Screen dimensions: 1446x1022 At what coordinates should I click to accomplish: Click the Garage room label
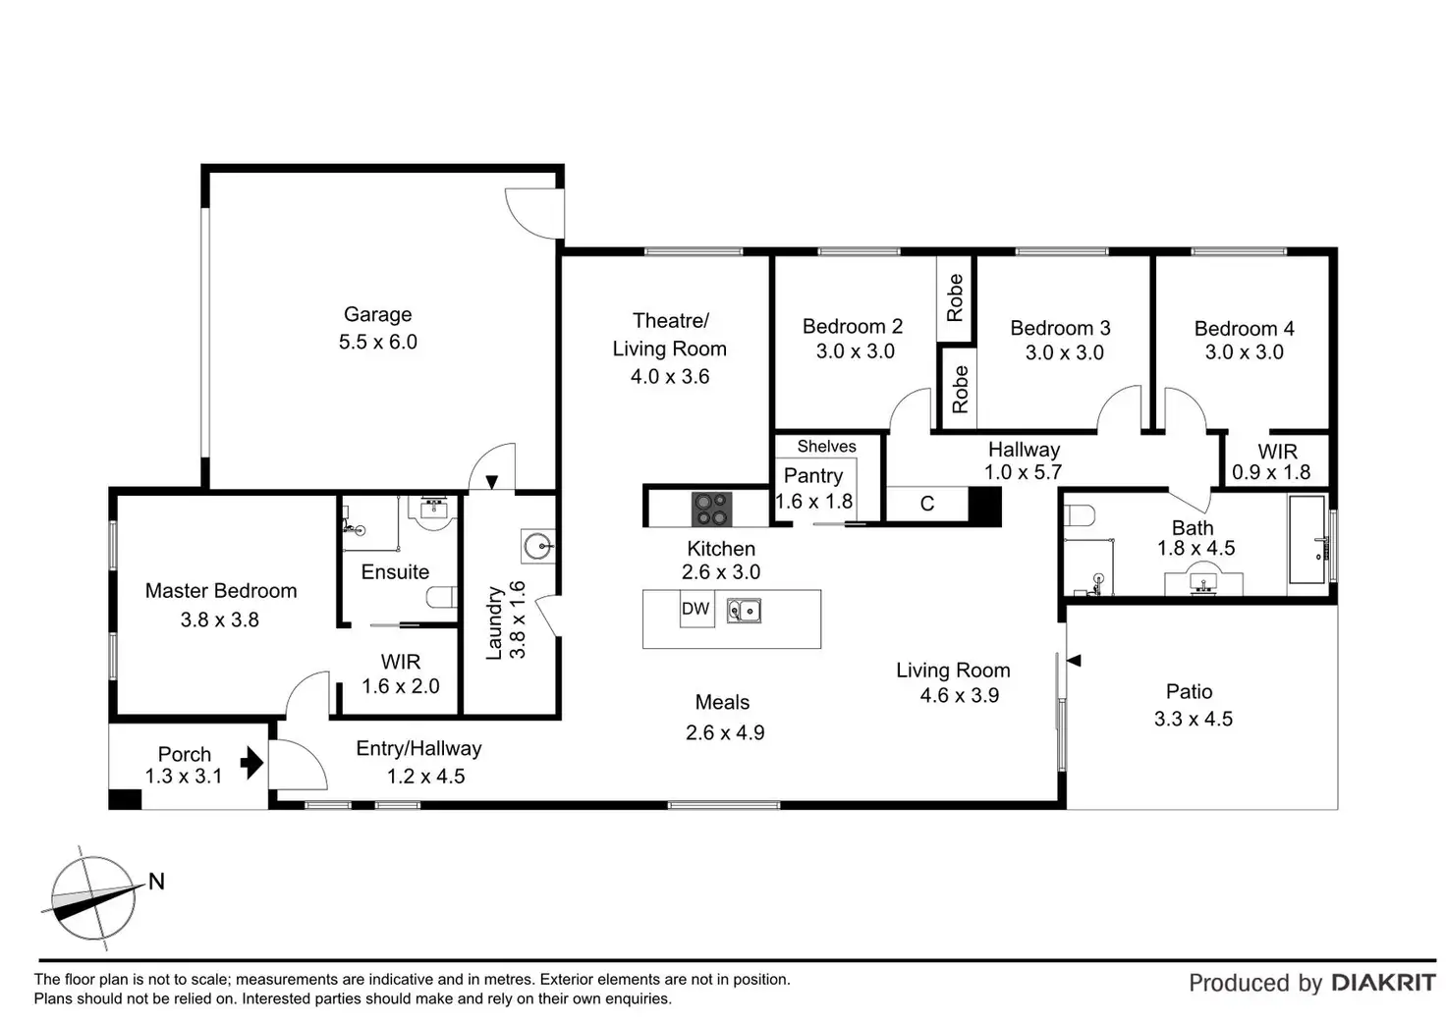click(x=377, y=314)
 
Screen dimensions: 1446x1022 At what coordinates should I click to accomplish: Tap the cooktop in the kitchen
click(x=711, y=509)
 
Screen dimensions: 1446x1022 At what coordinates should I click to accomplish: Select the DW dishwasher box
click(x=695, y=609)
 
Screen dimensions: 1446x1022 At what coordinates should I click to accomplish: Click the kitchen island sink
click(x=744, y=611)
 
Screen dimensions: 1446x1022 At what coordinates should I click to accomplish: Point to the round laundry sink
click(x=538, y=546)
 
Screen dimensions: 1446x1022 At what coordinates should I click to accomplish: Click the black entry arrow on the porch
click(x=252, y=762)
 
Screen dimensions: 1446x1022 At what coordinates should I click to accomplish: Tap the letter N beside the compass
click(x=156, y=882)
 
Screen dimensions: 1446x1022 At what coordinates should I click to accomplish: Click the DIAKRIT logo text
click(x=1383, y=983)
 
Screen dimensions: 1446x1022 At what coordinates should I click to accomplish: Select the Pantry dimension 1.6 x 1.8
click(x=813, y=501)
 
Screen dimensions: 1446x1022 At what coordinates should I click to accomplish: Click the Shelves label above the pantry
click(x=826, y=447)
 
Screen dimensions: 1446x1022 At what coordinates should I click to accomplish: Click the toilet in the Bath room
click(x=1080, y=515)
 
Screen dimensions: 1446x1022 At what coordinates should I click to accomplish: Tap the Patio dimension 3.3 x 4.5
click(x=1193, y=719)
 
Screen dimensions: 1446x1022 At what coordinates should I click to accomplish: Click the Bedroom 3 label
click(x=1060, y=328)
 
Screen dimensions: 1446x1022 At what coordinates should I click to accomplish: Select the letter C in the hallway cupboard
click(x=926, y=504)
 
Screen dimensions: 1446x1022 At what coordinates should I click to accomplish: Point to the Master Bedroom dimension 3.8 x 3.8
click(x=219, y=619)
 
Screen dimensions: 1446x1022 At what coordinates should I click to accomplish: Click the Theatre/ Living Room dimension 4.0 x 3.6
click(x=669, y=376)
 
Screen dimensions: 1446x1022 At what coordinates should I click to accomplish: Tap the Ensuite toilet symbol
click(x=443, y=597)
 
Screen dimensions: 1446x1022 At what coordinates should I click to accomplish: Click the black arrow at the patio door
click(x=1074, y=661)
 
